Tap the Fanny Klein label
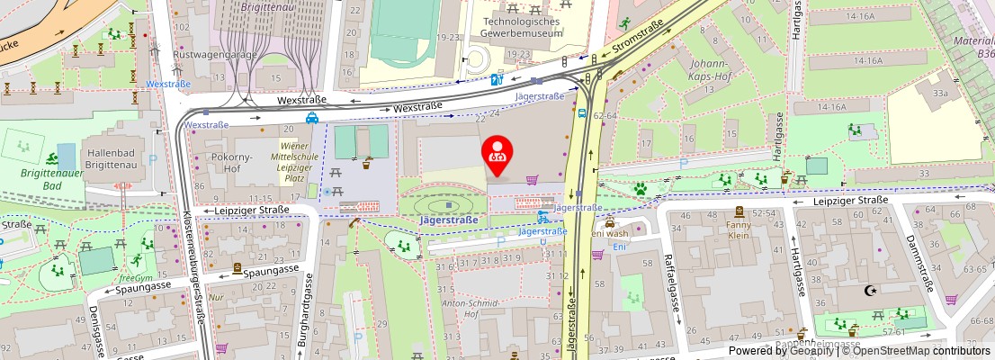738,229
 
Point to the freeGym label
135,278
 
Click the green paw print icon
641,189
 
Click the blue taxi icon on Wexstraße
311,117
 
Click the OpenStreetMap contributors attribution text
914,351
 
